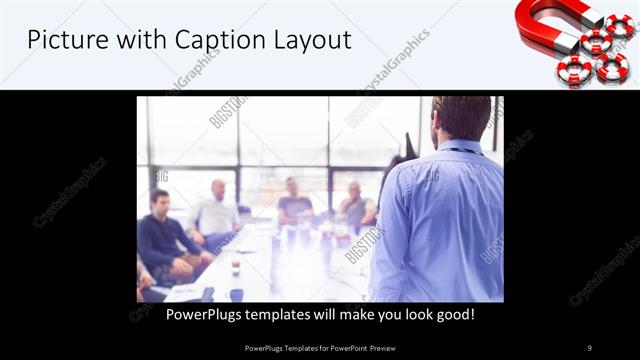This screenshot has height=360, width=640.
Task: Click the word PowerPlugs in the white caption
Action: [x=204, y=315]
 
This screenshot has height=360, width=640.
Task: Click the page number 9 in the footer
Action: [x=589, y=348]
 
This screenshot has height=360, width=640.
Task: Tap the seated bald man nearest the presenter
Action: [x=354, y=205]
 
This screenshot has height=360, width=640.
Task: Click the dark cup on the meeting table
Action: [x=236, y=268]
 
